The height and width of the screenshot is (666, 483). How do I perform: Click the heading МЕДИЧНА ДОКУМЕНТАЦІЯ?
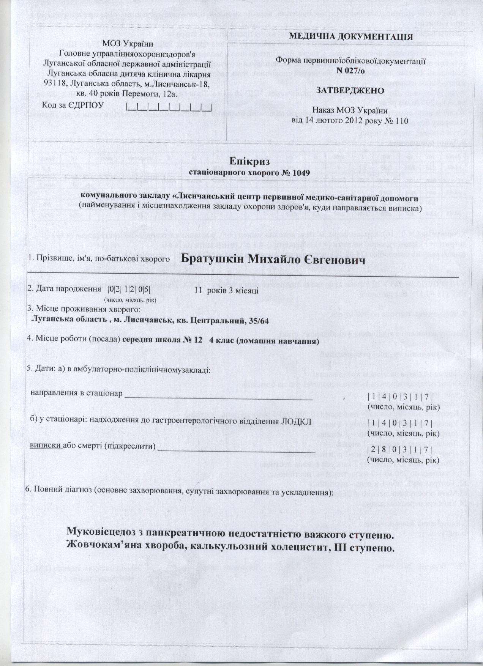tap(351, 37)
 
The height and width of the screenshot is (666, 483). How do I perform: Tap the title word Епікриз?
tap(249, 161)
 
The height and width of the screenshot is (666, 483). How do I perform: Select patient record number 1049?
tap(301, 173)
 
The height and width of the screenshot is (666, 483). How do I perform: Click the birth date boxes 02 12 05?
tap(129, 290)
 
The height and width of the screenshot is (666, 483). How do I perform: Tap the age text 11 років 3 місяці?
tap(227, 290)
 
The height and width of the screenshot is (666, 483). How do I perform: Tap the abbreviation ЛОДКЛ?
tap(301, 422)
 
